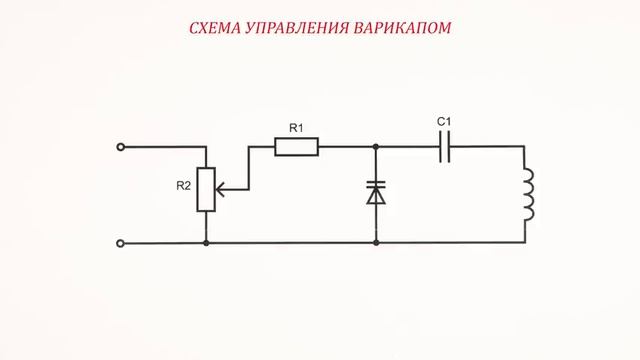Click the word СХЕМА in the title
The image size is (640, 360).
[214, 27]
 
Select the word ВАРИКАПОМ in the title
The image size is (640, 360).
[401, 27]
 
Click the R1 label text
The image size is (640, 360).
[296, 127]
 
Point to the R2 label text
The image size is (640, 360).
[183, 185]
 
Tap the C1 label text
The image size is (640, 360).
[445, 123]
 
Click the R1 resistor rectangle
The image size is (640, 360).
[297, 147]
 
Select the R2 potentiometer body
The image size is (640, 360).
[205, 190]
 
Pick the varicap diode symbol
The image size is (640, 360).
[376, 191]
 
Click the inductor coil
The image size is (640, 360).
[528, 194]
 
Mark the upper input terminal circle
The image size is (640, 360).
[121, 147]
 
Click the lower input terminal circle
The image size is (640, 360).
[121, 242]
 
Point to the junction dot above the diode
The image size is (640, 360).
[376, 147]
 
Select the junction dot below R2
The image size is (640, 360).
[205, 242]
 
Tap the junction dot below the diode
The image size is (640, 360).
[376, 242]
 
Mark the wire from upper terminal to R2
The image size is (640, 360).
[165, 147]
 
